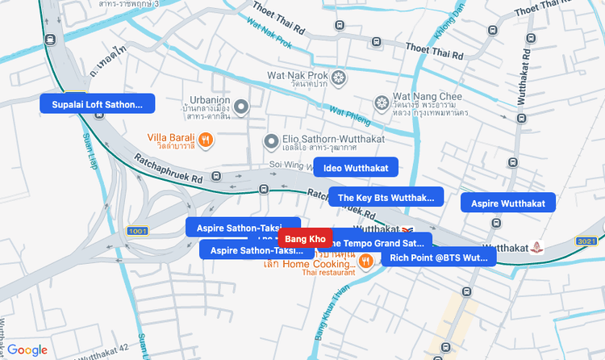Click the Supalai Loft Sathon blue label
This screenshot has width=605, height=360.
97,104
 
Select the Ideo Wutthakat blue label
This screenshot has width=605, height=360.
356,168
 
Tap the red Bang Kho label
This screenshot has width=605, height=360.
305,239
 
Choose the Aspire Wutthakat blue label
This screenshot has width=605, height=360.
508,203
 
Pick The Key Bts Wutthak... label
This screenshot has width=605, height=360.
386,197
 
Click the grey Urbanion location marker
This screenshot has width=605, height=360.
240,104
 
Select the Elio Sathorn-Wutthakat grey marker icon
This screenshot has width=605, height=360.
272,142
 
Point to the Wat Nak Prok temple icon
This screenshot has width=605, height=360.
339,78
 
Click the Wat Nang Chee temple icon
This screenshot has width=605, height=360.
382,103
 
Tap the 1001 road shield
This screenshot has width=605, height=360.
137,231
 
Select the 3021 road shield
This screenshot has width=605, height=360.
586,241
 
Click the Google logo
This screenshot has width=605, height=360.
27,350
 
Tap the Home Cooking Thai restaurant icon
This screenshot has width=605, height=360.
365,260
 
